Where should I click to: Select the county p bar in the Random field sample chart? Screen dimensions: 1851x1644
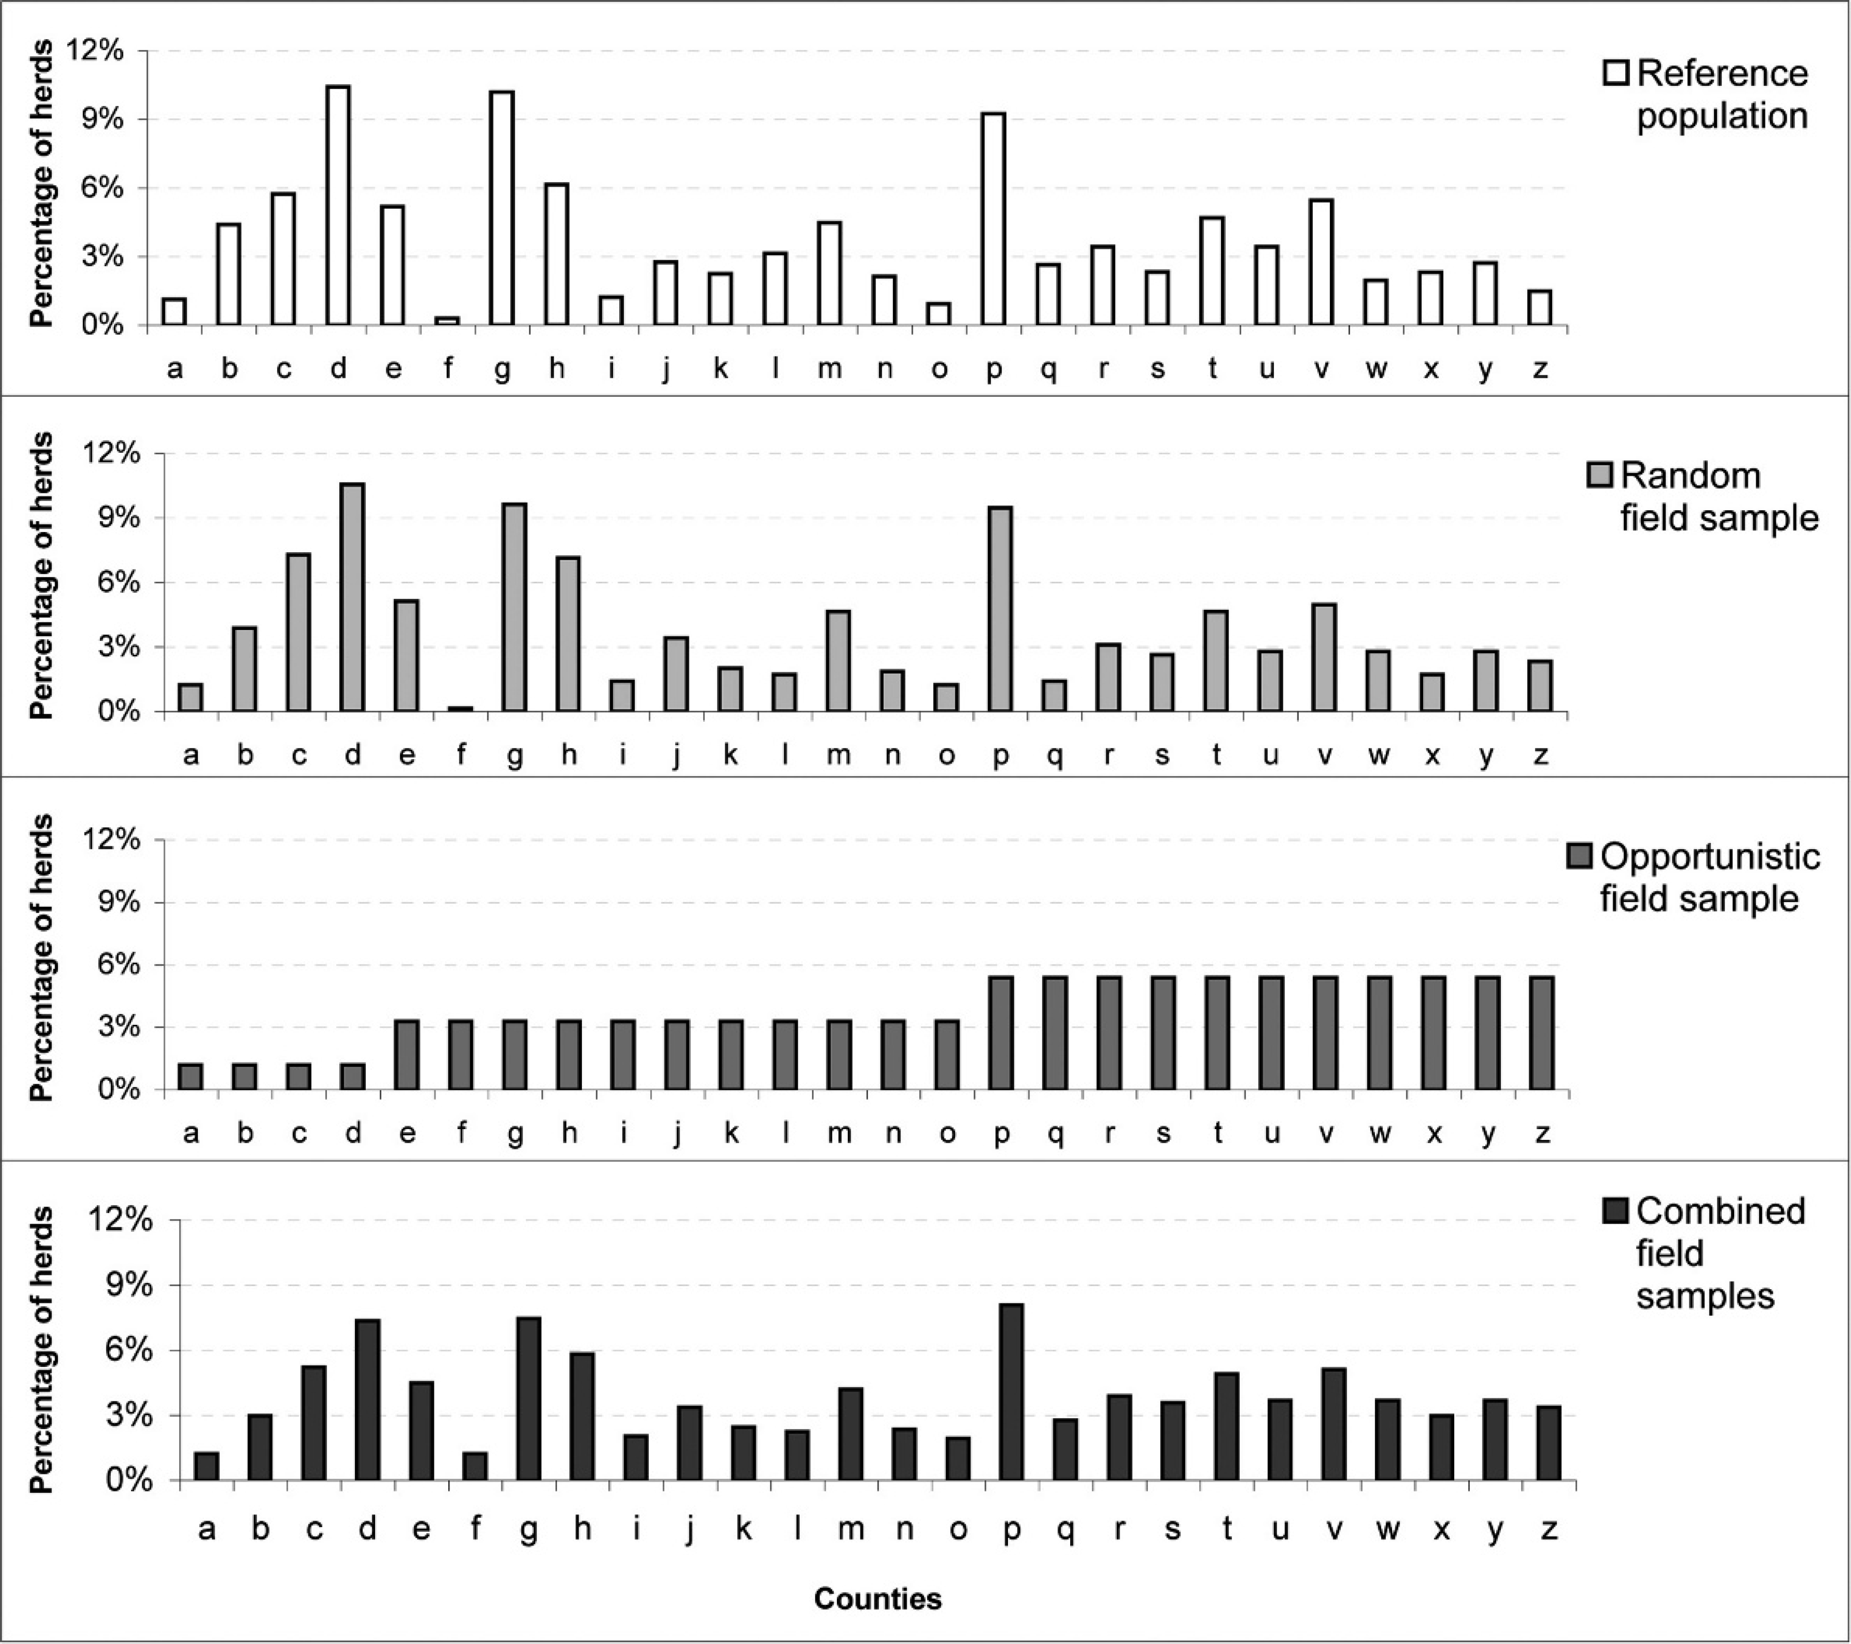click(x=1001, y=609)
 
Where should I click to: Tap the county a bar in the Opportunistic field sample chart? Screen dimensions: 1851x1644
click(x=190, y=1076)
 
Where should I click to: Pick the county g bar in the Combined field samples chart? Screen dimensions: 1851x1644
click(x=529, y=1399)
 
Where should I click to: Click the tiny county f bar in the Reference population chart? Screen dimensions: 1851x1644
click(x=447, y=320)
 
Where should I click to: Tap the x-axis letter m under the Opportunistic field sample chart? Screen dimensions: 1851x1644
click(x=839, y=1132)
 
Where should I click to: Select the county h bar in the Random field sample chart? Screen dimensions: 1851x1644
click(x=569, y=635)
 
